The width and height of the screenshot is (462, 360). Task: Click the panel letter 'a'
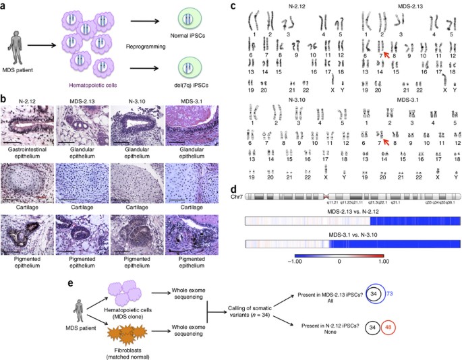5,7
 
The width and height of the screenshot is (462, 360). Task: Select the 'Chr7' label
239,196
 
